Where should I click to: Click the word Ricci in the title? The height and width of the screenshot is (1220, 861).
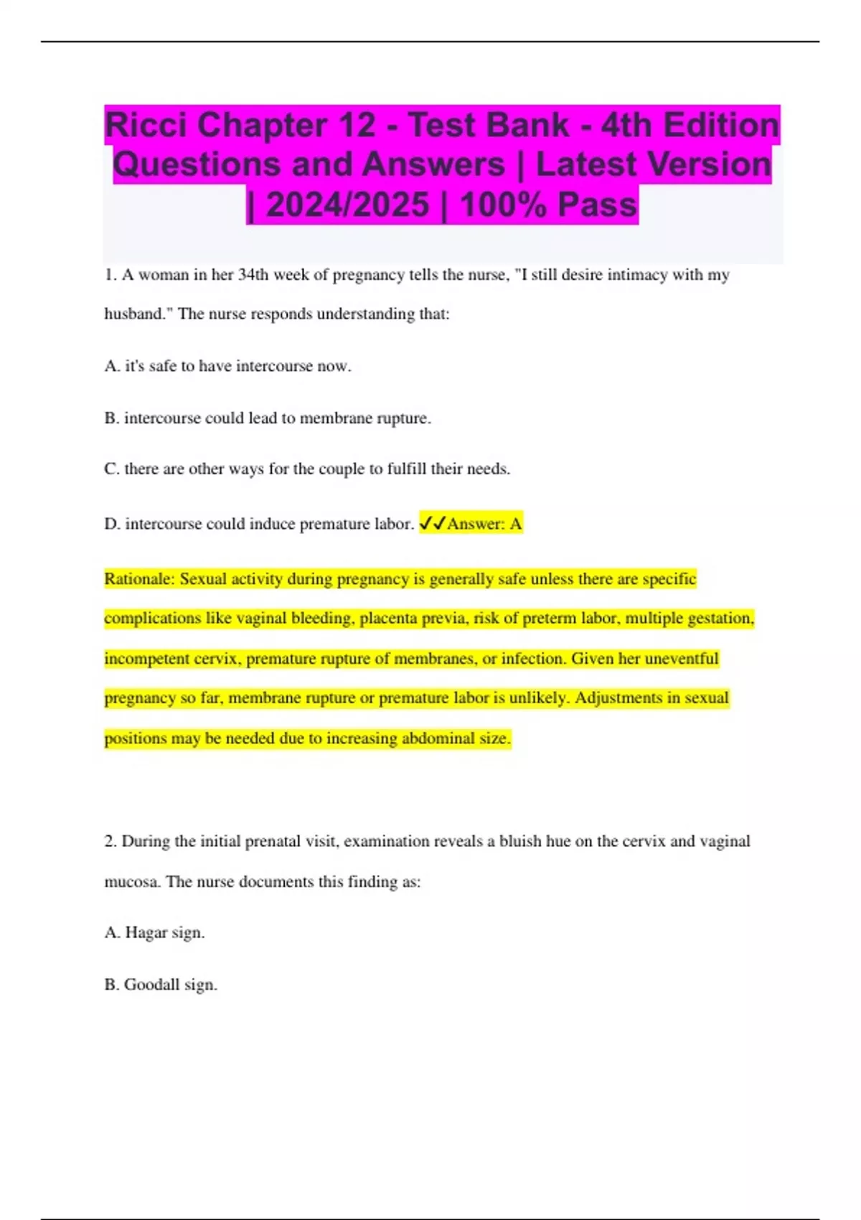(146, 126)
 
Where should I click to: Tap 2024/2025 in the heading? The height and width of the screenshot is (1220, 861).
(347, 205)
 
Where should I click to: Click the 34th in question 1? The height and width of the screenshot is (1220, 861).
(253, 275)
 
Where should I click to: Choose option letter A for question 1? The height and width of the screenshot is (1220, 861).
(111, 366)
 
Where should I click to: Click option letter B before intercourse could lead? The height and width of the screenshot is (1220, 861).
(110, 418)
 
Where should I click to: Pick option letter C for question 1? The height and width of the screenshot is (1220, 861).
(111, 469)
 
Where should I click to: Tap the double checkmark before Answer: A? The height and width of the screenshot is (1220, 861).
(432, 524)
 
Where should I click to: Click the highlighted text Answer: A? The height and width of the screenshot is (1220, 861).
(484, 524)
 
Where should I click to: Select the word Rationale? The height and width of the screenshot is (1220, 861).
(138, 579)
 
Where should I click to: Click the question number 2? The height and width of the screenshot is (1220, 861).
(110, 842)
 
